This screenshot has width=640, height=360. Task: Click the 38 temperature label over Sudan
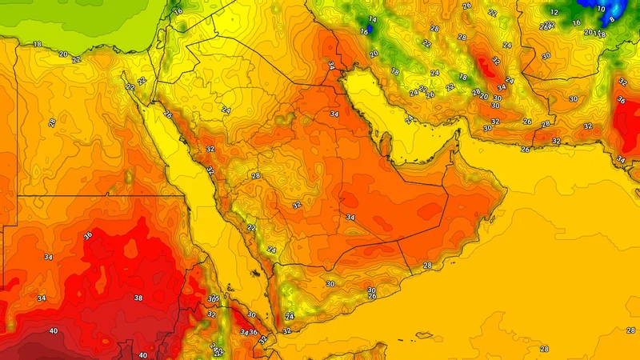(138, 298)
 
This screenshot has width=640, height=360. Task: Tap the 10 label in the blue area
(601, 9)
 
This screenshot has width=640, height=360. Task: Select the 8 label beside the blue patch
(612, 20)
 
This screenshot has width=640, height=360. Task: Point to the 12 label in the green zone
(554, 13)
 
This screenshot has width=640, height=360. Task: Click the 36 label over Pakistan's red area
(622, 100)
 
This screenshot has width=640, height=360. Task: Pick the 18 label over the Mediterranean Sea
(37, 44)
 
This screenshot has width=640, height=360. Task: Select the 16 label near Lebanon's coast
(178, 11)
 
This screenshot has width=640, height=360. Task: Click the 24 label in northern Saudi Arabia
(226, 110)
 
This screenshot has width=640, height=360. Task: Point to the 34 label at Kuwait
(331, 65)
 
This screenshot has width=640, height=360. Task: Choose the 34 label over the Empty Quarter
(350, 217)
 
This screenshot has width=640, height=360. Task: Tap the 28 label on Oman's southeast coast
(427, 265)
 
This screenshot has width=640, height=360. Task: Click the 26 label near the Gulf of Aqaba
(167, 114)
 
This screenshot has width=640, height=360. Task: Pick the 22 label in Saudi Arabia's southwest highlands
(251, 228)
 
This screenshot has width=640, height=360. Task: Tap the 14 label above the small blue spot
(372, 19)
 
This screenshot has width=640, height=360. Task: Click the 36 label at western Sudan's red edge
(87, 235)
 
